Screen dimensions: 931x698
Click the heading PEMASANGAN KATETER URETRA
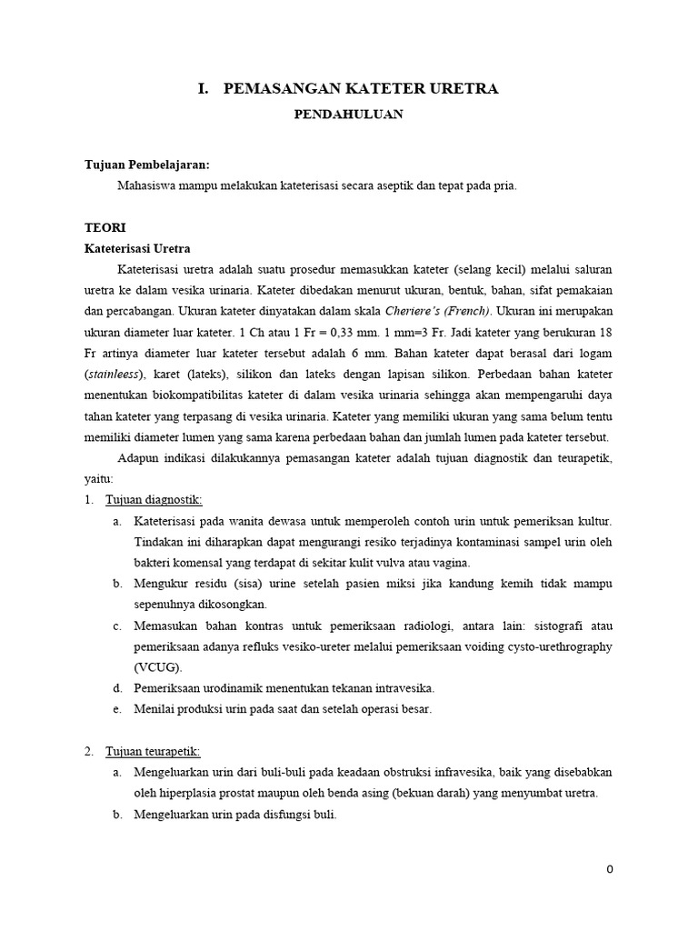[360, 88]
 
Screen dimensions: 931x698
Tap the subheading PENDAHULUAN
[350, 115]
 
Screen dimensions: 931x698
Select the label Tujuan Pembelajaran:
[146, 165]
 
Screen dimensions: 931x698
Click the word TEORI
[105, 227]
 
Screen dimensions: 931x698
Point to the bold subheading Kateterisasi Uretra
[137, 248]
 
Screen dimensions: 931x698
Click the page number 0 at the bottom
[610, 869]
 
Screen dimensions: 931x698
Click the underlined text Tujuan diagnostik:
[154, 500]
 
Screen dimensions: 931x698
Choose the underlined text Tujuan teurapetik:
[153, 751]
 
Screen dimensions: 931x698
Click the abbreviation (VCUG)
[157, 666]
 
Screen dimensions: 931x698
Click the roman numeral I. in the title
[204, 88]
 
